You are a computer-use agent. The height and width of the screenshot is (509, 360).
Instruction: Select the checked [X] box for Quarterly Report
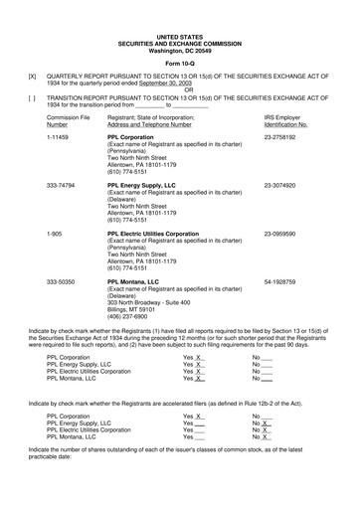click(32, 76)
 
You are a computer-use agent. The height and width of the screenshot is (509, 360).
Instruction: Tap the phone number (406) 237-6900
click(135, 317)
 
